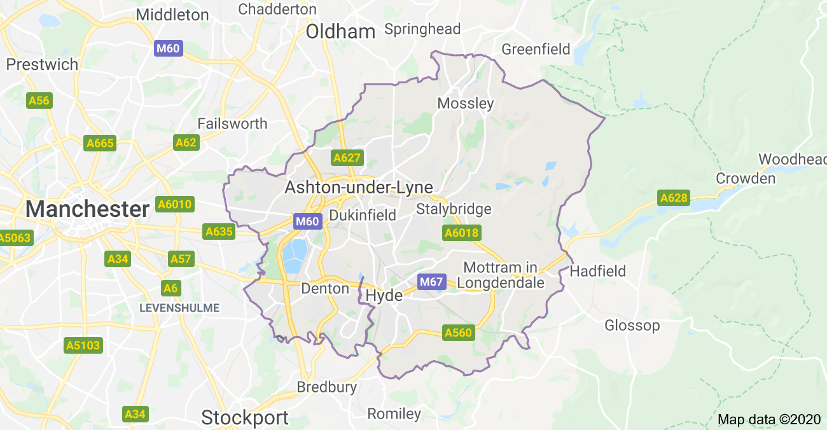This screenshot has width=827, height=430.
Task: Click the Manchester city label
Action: (x=87, y=209)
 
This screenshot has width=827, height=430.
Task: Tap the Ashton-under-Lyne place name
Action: (x=359, y=188)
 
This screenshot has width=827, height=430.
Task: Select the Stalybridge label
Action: (x=454, y=209)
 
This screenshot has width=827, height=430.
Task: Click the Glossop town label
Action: (x=632, y=326)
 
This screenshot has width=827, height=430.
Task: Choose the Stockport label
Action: (x=245, y=418)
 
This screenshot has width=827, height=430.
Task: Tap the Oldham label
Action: (x=340, y=31)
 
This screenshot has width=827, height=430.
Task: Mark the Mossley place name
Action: (x=466, y=103)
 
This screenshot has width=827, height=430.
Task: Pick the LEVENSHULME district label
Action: (x=179, y=308)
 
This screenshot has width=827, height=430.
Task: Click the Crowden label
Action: (x=746, y=179)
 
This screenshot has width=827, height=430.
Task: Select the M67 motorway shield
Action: (x=431, y=281)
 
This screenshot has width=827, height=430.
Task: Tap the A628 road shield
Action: (x=674, y=198)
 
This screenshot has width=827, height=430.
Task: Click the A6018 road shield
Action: (x=461, y=233)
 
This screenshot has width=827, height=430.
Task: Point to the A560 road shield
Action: (x=458, y=333)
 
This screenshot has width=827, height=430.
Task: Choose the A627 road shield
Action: (x=347, y=158)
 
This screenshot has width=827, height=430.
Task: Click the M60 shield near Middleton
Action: (x=169, y=48)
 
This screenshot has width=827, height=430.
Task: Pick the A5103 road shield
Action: (x=83, y=345)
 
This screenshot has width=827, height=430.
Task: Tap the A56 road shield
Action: (x=39, y=101)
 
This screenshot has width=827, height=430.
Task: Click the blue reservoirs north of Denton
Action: (x=294, y=256)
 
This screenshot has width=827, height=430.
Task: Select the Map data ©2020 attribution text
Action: (x=769, y=420)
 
